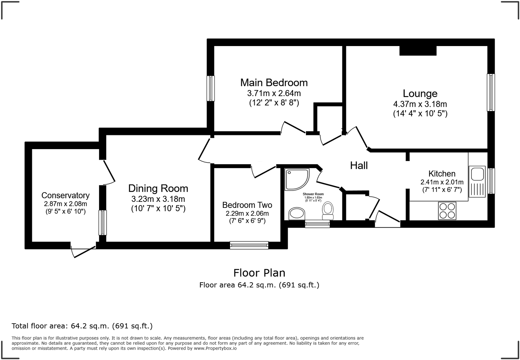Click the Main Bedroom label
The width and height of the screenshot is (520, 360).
(274, 82)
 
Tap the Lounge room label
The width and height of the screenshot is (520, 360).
(420, 93)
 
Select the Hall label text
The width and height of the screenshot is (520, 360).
(359, 165)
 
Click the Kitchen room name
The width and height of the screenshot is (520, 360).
(442, 173)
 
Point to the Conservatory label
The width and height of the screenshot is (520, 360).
(65, 196)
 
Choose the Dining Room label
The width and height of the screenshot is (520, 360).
(158, 189)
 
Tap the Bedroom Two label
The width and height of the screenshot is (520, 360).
(247, 205)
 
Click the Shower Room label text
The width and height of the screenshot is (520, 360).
(313, 194)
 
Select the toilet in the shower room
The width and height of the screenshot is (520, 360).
(328, 210)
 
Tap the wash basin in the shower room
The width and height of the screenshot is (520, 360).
(296, 213)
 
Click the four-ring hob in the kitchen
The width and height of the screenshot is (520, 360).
(447, 211)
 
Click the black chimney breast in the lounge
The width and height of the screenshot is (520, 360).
(418, 51)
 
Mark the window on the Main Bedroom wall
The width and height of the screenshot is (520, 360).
(210, 88)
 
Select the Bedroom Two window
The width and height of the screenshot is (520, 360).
(249, 245)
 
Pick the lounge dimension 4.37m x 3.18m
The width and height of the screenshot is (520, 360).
(420, 104)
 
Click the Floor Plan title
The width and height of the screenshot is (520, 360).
(259, 273)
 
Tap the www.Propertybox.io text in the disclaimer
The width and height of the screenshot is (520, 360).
(215, 348)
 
